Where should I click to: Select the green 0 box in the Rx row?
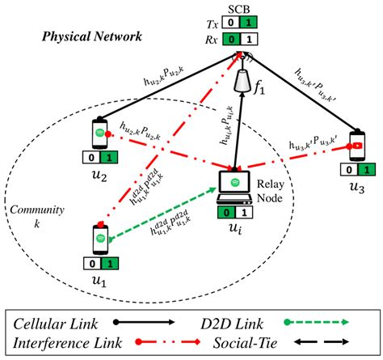(x=234, y=37)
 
